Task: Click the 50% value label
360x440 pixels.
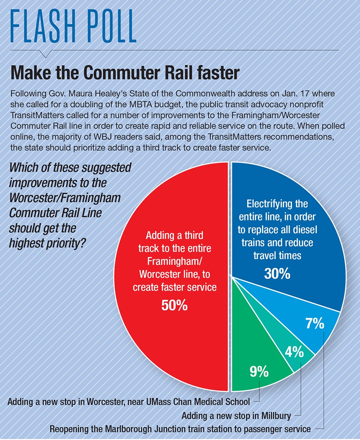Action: [x=174, y=305]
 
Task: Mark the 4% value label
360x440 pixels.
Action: [x=294, y=353]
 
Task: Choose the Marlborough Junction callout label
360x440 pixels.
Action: [x=180, y=429]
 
